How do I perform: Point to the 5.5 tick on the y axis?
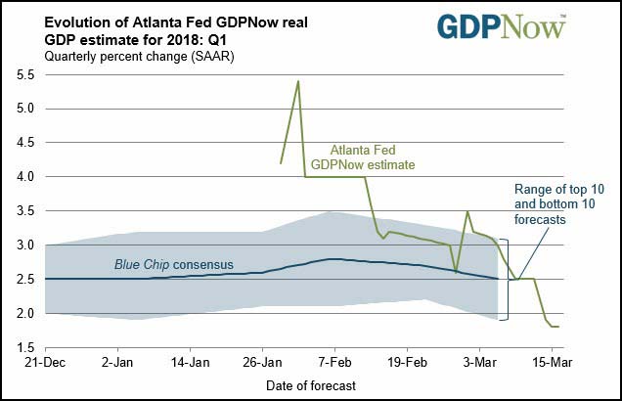pos(26,73)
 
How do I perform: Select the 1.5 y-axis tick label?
pos(26,348)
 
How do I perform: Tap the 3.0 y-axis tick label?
pos(26,245)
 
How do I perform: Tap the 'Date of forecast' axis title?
pos(311,385)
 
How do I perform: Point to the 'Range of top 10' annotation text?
pos(555,205)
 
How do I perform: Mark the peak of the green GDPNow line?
pos(297,81)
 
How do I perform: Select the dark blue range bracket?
pos(507,279)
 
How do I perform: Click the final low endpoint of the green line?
pos(556,327)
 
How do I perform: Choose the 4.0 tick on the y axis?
pos(26,177)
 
